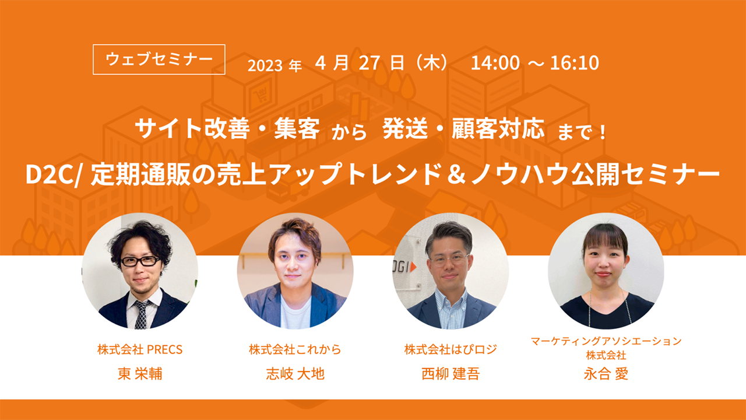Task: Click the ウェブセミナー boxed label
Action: point(159,60)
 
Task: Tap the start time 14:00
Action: point(495,62)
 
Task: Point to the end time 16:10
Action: point(575,62)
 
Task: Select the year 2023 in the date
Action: point(265,65)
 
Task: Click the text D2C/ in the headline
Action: point(54,175)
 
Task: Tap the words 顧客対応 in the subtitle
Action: point(498,128)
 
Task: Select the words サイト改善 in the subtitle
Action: point(192,128)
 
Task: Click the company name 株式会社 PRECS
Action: point(140,349)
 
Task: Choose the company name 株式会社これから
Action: point(295,349)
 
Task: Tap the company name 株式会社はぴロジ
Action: point(451,349)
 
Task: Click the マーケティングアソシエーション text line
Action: point(606,341)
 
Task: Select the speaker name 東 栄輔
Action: point(140,374)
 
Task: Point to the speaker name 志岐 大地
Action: point(295,374)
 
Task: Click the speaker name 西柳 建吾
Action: point(451,374)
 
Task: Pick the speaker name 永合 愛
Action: point(606,374)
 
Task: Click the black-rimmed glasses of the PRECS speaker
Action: point(140,261)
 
